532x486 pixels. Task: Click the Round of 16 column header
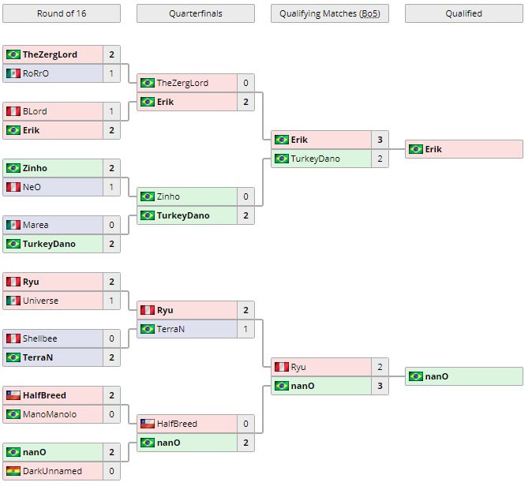pyautogui.click(x=62, y=13)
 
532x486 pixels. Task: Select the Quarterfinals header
pyautogui.click(x=196, y=13)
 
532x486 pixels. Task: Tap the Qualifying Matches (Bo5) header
pyautogui.click(x=330, y=13)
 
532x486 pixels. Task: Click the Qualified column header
pyautogui.click(x=464, y=13)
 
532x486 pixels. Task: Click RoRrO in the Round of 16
pyautogui.click(x=36, y=73)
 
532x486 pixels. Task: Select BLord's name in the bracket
pyautogui.click(x=36, y=111)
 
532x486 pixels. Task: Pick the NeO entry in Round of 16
pyautogui.click(x=32, y=187)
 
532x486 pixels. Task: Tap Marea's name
pyautogui.click(x=36, y=225)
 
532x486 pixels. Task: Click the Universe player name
pyautogui.click(x=40, y=301)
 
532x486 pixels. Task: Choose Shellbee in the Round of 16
pyautogui.click(x=39, y=338)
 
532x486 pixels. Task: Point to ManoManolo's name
pyautogui.click(x=50, y=414)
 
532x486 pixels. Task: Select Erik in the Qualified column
pyautogui.click(x=433, y=149)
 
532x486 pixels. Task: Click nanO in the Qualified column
pyautogui.click(x=436, y=376)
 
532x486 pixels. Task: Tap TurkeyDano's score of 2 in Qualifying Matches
pyautogui.click(x=380, y=159)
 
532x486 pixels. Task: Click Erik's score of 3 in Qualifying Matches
pyautogui.click(x=380, y=140)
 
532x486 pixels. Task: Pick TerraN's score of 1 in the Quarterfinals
pyautogui.click(x=245, y=329)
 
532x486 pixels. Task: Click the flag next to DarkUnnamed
pyautogui.click(x=13, y=471)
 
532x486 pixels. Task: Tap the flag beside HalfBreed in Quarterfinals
pyautogui.click(x=147, y=424)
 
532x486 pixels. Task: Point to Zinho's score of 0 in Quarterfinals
pyautogui.click(x=245, y=196)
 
